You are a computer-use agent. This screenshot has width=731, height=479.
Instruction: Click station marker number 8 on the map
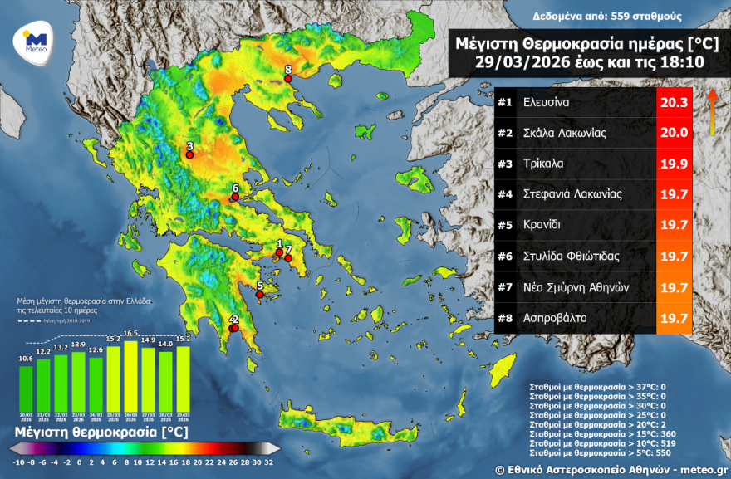pyautogui.click(x=288, y=79)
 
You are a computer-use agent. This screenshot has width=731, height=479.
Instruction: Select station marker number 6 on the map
pyautogui.click(x=235, y=198)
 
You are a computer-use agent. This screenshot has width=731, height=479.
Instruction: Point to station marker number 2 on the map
pyautogui.click(x=234, y=328)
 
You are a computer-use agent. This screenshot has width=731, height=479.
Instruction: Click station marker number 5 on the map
pyautogui.click(x=259, y=294)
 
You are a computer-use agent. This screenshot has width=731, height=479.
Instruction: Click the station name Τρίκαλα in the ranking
pyautogui.click(x=544, y=164)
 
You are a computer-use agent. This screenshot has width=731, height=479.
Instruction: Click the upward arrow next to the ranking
pyautogui.click(x=712, y=108)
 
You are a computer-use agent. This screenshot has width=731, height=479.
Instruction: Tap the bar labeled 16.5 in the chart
pyautogui.click(x=130, y=369)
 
